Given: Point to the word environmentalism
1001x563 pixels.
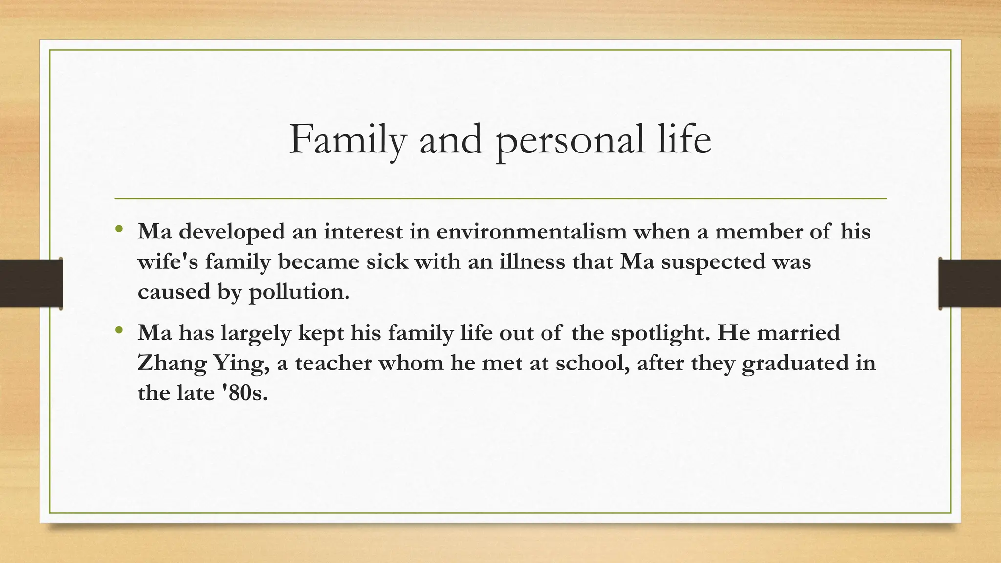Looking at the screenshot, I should pos(531,231).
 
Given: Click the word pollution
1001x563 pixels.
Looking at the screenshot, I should pos(299,292).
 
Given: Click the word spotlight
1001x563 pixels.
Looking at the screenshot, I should pos(656,334).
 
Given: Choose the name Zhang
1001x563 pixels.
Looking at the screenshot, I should pos(171,364).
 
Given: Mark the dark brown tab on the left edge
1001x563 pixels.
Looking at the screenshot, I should pos(31,283).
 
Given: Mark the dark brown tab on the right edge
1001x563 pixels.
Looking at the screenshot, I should pos(970,283).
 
